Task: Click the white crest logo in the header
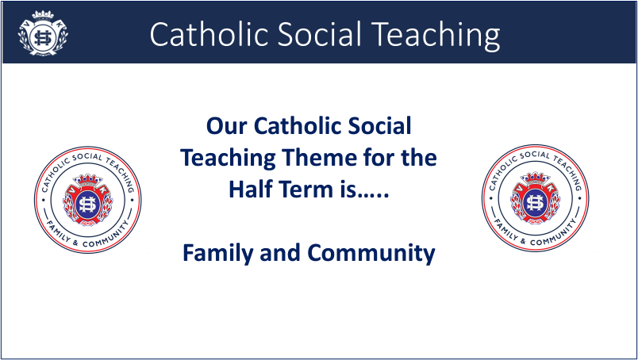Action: pyautogui.click(x=43, y=33)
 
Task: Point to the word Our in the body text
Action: pyautogui.click(x=227, y=126)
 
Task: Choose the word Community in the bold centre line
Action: pyautogui.click(x=371, y=253)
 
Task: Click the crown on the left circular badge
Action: pyautogui.click(x=88, y=179)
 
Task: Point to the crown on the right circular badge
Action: pyautogui.click(x=536, y=178)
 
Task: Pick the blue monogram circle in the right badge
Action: pyautogui.click(x=536, y=202)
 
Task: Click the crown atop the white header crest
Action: pyautogui.click(x=43, y=15)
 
